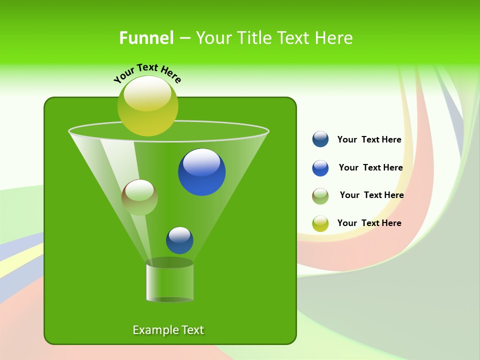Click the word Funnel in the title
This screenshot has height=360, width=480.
tap(146, 38)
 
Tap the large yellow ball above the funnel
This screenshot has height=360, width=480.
tap(147, 106)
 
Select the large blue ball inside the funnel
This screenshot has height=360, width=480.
tap(201, 172)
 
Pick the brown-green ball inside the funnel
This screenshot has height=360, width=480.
tap(139, 197)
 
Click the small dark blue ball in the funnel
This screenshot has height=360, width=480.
tap(179, 240)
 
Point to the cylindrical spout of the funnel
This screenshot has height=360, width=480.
tap(169, 281)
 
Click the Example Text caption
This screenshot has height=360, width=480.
tap(168, 330)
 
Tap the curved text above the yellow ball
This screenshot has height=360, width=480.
tap(147, 73)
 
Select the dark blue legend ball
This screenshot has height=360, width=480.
tap(320, 139)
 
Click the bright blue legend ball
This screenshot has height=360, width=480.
tap(320, 168)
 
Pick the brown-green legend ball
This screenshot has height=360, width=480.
tap(320, 196)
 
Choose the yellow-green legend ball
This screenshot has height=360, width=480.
tap(320, 223)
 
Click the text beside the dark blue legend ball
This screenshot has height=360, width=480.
tap(369, 140)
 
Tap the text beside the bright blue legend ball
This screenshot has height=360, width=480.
tap(370, 168)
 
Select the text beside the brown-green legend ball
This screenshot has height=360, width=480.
tap(371, 195)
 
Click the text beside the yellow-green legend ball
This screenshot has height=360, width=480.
tap(369, 223)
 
